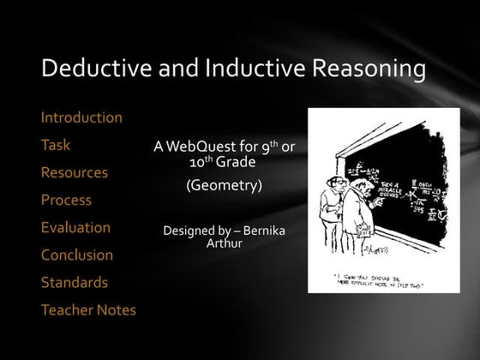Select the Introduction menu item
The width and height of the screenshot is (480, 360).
(81, 117)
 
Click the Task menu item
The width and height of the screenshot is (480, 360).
(56, 145)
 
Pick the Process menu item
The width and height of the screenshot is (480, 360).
(66, 200)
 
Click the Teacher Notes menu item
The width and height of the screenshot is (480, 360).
(88, 309)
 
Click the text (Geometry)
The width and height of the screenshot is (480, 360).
(224, 183)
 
